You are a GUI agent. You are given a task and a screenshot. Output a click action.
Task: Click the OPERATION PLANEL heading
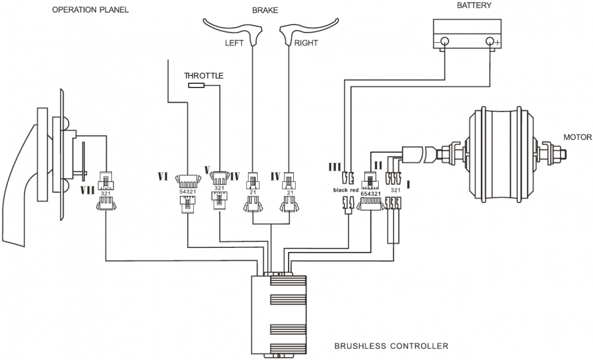point(90,10)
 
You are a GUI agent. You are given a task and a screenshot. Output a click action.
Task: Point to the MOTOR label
point(577,138)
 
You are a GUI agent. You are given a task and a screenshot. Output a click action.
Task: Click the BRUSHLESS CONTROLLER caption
point(391,345)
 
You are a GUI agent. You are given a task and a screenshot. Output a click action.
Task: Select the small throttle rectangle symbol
point(196,86)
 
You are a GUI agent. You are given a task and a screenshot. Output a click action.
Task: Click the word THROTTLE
point(204,76)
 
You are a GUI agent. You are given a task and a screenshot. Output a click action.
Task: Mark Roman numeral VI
point(164,176)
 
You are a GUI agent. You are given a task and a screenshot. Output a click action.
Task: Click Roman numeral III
point(334,167)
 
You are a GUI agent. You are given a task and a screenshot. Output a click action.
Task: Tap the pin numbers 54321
point(188,191)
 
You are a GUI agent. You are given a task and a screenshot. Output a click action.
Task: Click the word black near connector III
point(341,190)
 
